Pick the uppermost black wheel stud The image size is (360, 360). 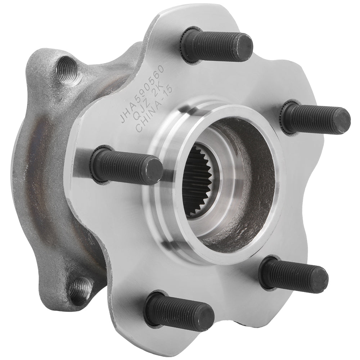pyautogui.click(x=216, y=46)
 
